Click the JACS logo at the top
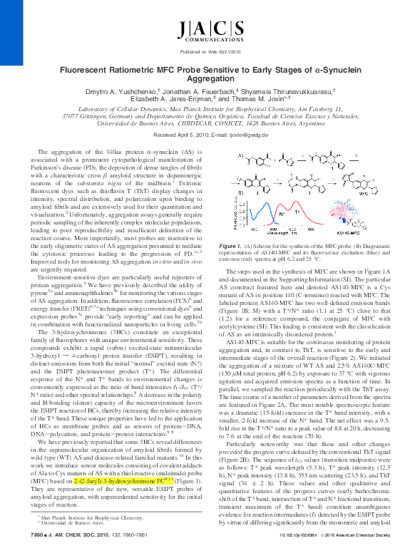click(x=210, y=31)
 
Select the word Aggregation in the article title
click(x=210, y=82)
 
